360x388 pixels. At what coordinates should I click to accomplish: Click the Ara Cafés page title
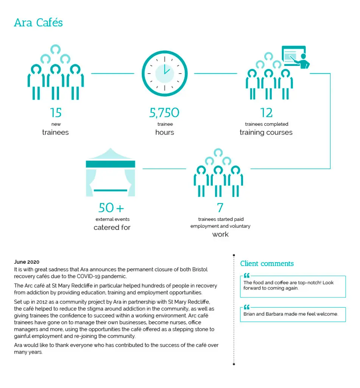click(x=38, y=23)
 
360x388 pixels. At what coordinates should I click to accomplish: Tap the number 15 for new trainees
click(x=55, y=113)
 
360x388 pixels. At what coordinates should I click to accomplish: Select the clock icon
click(x=164, y=74)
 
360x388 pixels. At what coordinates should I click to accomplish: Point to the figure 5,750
click(x=164, y=113)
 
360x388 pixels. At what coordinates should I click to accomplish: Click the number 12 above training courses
click(x=266, y=113)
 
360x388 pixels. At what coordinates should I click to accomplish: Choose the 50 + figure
click(x=111, y=208)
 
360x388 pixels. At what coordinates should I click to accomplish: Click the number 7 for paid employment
click(x=220, y=208)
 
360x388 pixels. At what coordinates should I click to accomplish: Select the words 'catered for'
click(x=112, y=228)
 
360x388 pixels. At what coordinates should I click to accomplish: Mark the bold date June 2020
click(x=26, y=262)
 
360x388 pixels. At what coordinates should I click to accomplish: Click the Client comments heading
click(x=267, y=264)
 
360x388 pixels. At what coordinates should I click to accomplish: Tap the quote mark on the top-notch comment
click(x=247, y=275)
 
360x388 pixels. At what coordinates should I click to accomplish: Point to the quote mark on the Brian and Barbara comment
click(x=247, y=307)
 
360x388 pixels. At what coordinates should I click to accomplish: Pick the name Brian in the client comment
click(x=250, y=314)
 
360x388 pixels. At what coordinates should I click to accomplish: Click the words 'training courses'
click(x=266, y=133)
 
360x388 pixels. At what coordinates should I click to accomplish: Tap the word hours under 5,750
click(x=164, y=133)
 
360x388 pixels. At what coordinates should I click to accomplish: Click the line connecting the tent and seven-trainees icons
click(x=164, y=168)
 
